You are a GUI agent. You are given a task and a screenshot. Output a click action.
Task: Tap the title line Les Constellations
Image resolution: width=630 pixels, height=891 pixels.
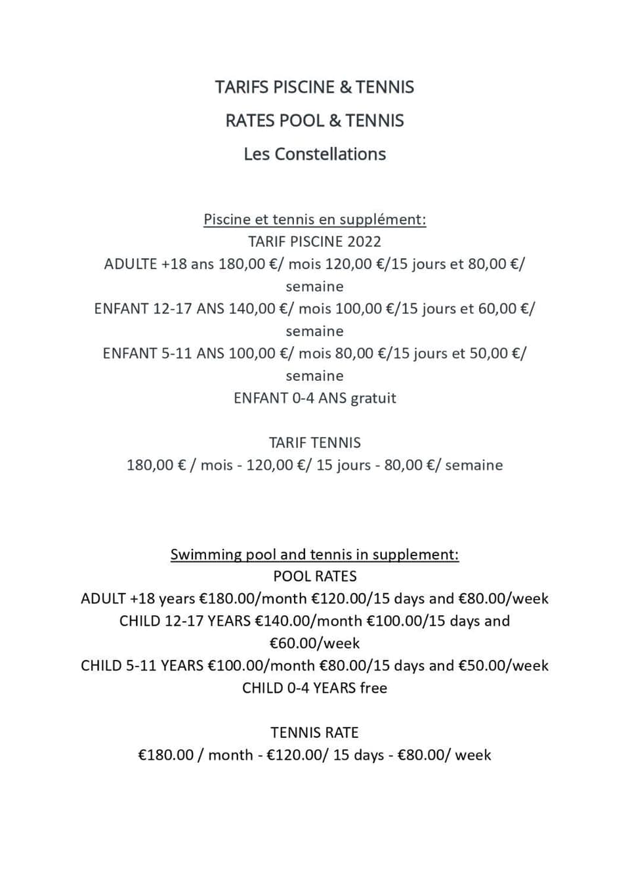[x=314, y=154]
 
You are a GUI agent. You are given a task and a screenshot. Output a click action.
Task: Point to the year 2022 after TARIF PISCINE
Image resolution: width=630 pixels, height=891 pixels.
[x=364, y=242]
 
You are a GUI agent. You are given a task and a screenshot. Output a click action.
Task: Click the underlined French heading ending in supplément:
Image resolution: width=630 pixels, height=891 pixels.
[x=314, y=219]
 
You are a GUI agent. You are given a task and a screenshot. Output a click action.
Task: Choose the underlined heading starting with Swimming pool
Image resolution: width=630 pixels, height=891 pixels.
[x=314, y=554]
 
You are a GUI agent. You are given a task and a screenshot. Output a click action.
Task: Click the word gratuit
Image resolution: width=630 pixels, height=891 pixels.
[x=373, y=398]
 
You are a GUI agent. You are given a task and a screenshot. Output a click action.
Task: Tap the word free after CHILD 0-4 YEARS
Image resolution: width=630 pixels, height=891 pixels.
[x=373, y=688]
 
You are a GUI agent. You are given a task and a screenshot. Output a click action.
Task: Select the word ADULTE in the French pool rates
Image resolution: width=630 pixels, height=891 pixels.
[x=131, y=264]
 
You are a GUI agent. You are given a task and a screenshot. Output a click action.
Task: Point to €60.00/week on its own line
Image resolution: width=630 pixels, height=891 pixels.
[x=314, y=643]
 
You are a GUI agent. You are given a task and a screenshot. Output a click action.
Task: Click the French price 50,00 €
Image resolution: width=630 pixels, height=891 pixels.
[x=497, y=353]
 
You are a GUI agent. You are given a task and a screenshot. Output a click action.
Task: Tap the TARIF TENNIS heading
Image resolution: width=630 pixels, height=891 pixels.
[x=314, y=443]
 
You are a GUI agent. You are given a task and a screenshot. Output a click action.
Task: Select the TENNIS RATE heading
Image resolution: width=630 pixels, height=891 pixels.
[x=314, y=733]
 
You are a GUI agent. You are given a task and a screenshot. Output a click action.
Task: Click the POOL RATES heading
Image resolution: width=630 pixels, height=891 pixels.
[x=314, y=576]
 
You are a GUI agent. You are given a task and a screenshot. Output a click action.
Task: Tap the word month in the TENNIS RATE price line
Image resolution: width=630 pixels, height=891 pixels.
[x=230, y=755]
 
